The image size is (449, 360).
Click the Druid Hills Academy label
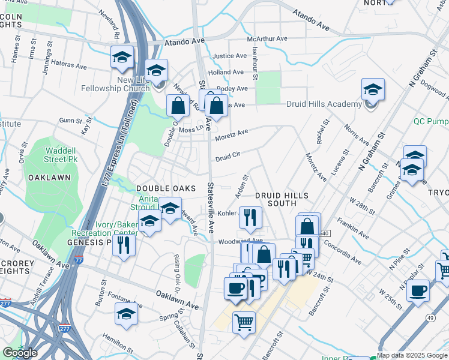[x=324, y=104]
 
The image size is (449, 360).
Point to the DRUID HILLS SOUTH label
[x=282, y=200]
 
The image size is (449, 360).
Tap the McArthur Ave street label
[x=267, y=39]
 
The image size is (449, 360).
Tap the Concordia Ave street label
[x=343, y=252]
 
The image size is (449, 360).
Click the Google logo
[x=20, y=353]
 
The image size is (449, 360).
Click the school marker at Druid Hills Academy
[x=373, y=91]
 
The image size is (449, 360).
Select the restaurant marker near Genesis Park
[x=124, y=245]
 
